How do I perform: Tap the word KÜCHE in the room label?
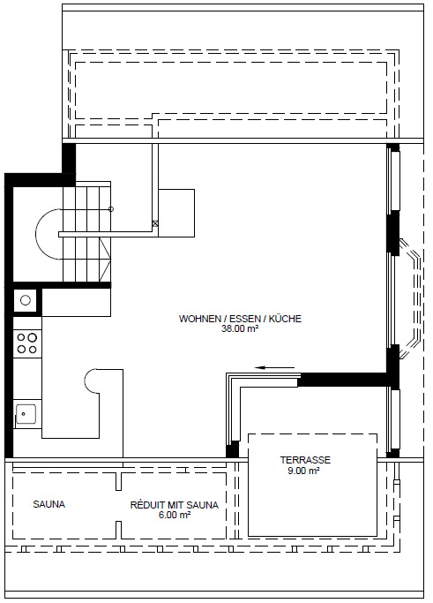tap(285, 319)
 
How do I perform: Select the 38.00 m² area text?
tap(239, 329)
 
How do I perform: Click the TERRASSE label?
tap(305, 460)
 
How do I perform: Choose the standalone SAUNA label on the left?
tap(49, 505)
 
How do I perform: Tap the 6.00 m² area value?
tap(175, 516)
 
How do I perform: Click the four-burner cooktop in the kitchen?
tap(26, 343)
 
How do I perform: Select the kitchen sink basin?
tap(26, 412)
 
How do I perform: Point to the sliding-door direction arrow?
tap(277, 369)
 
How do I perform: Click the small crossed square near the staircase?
tap(155, 223)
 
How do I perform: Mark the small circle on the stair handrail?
tap(110, 208)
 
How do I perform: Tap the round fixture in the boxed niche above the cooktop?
tap(26, 301)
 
